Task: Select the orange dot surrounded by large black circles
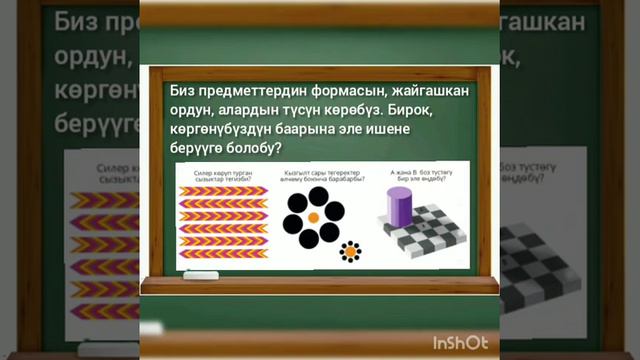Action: point(313,215)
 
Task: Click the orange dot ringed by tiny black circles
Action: point(350,252)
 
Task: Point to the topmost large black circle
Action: point(313,194)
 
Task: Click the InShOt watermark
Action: point(460,343)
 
